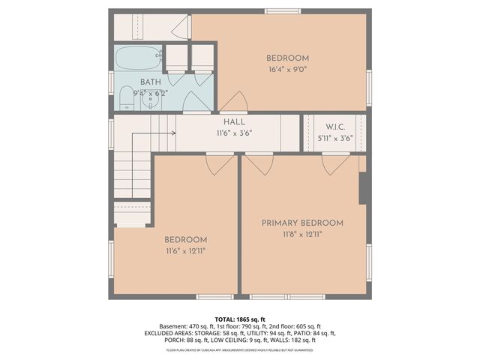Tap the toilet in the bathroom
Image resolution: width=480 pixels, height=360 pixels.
click(125, 97)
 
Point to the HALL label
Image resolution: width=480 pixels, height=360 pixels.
click(234, 121)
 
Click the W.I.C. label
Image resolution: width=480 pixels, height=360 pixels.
click(334, 127)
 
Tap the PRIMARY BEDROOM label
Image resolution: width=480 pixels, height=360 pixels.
click(302, 223)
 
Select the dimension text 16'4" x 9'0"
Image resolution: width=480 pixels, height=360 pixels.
click(287, 70)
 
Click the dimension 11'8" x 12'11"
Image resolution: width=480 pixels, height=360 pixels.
click(302, 235)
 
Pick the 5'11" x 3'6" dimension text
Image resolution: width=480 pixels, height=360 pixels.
click(334, 138)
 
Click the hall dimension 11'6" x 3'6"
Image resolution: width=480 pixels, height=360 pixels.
click(234, 133)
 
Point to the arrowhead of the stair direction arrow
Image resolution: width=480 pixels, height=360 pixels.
click(173, 133)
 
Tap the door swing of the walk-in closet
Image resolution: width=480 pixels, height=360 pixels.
click(334, 163)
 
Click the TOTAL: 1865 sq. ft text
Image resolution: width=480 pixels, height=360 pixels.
click(240, 318)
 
